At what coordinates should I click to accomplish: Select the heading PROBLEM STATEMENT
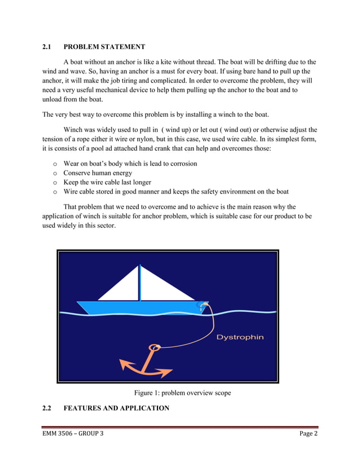(104, 47)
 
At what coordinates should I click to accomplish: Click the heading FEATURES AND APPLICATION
(116, 407)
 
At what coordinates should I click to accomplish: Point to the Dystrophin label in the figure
(240, 337)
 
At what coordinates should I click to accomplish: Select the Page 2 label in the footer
(309, 433)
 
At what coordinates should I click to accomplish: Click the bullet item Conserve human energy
(98, 173)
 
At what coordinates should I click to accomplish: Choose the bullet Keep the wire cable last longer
(107, 182)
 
